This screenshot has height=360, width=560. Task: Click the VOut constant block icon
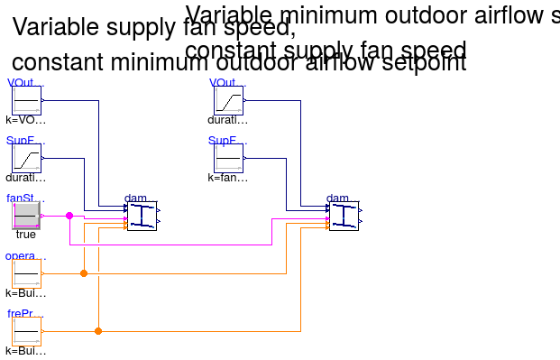(x=26, y=101)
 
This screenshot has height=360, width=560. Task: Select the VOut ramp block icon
(x=228, y=101)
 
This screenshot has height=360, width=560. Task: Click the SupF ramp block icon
(x=26, y=159)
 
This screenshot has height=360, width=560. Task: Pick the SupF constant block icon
(x=228, y=159)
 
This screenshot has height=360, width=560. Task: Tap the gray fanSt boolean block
(x=26, y=216)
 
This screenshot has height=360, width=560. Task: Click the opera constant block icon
(x=26, y=273)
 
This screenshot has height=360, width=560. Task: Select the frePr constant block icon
(x=26, y=331)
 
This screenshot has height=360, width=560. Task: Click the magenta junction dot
(x=69, y=216)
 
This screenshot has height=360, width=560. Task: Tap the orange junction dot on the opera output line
(x=84, y=272)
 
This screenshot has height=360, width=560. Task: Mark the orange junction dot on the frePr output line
(x=98, y=331)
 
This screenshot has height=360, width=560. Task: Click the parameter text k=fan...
(x=227, y=178)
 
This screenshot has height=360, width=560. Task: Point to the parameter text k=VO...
(x=26, y=120)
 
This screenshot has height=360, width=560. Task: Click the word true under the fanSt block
(x=26, y=235)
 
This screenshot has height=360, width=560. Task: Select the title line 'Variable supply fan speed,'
(x=153, y=28)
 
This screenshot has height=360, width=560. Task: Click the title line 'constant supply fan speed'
(x=326, y=51)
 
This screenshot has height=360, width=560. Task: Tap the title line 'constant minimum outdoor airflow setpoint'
(x=239, y=63)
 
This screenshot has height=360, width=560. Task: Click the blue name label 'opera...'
(x=26, y=256)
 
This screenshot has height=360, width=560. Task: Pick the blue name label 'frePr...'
(x=26, y=314)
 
